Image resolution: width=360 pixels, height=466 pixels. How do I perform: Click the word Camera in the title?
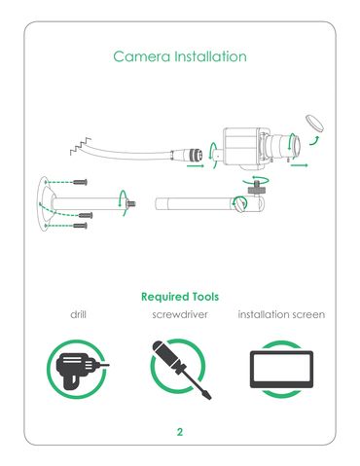[x=141, y=56]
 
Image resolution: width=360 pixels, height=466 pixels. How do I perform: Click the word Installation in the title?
[x=210, y=56]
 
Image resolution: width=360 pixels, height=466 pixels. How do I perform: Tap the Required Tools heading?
[x=180, y=297]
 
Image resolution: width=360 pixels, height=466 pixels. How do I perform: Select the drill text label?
[x=78, y=314]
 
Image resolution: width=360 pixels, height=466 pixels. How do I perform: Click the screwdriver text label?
[x=180, y=314]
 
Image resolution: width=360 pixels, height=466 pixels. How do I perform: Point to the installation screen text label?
[x=281, y=314]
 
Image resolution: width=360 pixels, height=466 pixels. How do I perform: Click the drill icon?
[x=78, y=369]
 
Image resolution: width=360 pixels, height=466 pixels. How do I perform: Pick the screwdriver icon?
[x=180, y=369]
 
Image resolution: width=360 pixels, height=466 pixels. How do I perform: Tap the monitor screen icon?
[x=281, y=369]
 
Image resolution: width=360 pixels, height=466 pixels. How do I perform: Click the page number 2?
[x=180, y=432]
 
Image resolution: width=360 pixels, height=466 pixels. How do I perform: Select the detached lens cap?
[x=314, y=123]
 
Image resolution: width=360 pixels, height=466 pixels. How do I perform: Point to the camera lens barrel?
[x=282, y=145]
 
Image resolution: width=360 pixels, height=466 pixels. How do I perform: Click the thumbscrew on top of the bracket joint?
[x=257, y=188]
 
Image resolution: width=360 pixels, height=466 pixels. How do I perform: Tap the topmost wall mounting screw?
[x=80, y=182]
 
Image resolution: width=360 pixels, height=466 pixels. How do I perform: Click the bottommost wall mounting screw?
[x=80, y=226]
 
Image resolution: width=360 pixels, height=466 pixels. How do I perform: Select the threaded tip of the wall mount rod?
[x=131, y=204]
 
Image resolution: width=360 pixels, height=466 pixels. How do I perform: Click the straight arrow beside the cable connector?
[x=196, y=165]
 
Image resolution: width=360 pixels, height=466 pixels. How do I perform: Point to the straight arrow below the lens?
[x=299, y=165]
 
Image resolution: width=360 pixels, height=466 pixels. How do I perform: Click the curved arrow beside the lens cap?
[x=315, y=141]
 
